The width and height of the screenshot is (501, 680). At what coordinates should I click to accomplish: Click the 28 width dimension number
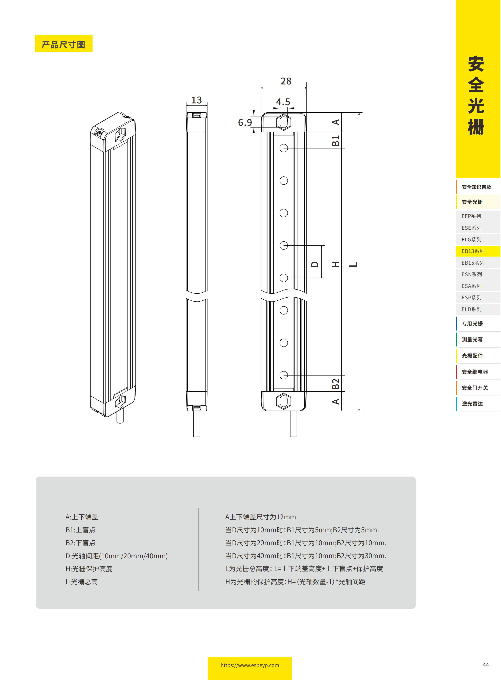(x=286, y=81)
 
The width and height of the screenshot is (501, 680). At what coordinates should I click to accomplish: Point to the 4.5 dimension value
(x=283, y=102)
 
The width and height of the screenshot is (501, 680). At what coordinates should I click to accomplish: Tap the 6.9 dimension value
(x=245, y=123)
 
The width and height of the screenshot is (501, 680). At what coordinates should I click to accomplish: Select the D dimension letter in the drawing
(x=315, y=264)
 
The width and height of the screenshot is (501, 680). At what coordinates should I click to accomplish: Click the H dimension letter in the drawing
(x=335, y=264)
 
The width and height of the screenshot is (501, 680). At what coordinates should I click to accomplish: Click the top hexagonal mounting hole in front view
(x=284, y=122)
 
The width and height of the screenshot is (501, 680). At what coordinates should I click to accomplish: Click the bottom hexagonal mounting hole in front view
(x=284, y=401)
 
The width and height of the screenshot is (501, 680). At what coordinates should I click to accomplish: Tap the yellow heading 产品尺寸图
(x=63, y=44)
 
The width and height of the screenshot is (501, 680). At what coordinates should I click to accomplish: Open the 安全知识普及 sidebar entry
(x=476, y=187)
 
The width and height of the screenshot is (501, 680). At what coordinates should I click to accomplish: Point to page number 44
(x=485, y=664)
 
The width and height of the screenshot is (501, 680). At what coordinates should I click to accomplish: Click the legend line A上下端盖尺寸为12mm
(x=260, y=517)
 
